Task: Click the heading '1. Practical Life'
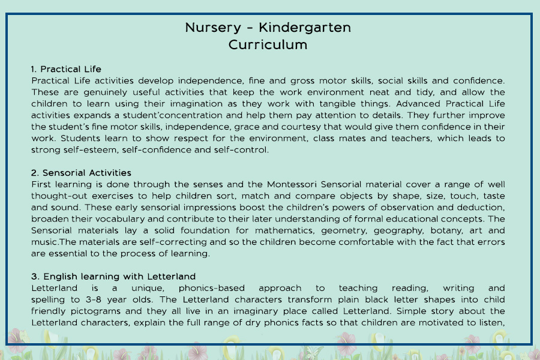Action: (x=66, y=69)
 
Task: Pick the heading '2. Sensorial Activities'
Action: (x=81, y=173)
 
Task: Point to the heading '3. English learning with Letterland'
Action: (x=113, y=277)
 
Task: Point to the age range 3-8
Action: (x=86, y=299)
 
